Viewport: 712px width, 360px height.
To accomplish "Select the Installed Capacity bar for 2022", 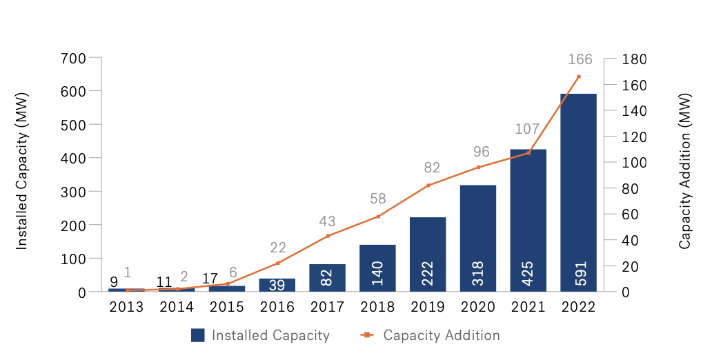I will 578,192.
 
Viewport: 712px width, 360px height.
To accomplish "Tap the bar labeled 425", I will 528,220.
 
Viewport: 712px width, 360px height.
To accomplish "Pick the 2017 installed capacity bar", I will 327,277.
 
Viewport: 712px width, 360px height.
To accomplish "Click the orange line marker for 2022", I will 579,77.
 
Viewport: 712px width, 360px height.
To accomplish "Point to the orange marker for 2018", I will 377,217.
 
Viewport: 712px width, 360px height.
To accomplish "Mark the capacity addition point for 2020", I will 478,168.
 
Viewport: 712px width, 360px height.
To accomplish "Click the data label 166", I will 579,60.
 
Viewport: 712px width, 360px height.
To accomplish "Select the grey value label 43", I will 327,221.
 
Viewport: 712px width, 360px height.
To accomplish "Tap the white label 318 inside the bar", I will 478,273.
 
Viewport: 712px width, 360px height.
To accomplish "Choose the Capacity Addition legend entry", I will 431,336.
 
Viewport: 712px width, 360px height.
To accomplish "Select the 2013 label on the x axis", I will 126,307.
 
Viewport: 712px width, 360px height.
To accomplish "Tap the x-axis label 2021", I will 528,307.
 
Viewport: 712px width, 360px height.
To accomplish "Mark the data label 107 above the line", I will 528,130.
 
